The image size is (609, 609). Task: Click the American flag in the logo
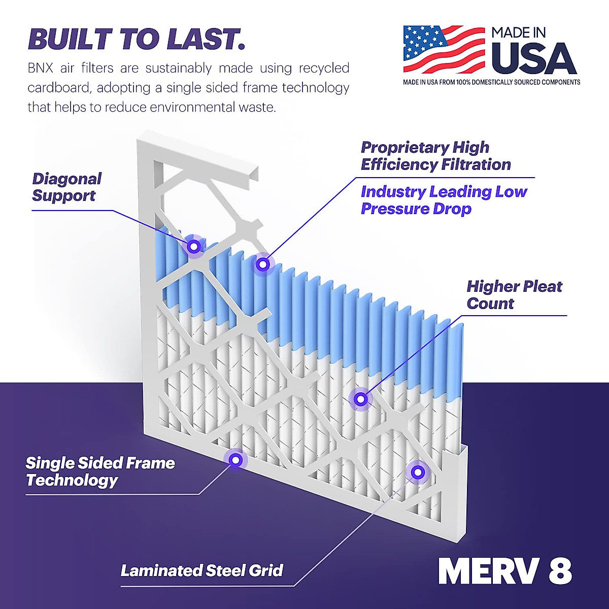point(443,49)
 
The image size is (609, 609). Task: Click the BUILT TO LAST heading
point(137,39)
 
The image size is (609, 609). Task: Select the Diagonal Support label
point(66,187)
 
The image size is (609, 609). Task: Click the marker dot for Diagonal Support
point(193,247)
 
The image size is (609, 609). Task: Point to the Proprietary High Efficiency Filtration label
point(435,156)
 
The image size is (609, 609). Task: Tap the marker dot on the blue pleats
point(262,264)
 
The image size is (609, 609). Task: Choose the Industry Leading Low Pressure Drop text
point(444,200)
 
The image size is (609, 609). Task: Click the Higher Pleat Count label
point(514,295)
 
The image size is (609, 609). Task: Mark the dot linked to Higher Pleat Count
point(360,399)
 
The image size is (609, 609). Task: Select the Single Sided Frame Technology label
point(100,471)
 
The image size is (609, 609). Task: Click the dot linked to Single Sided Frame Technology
point(235,460)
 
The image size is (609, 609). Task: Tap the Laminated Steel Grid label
point(201,570)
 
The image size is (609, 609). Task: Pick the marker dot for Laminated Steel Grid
point(418,472)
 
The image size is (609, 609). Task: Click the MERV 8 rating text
point(505,572)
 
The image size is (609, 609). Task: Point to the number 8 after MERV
point(560,572)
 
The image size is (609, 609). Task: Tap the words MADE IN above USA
point(518,33)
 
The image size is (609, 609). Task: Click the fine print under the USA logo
point(491,82)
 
